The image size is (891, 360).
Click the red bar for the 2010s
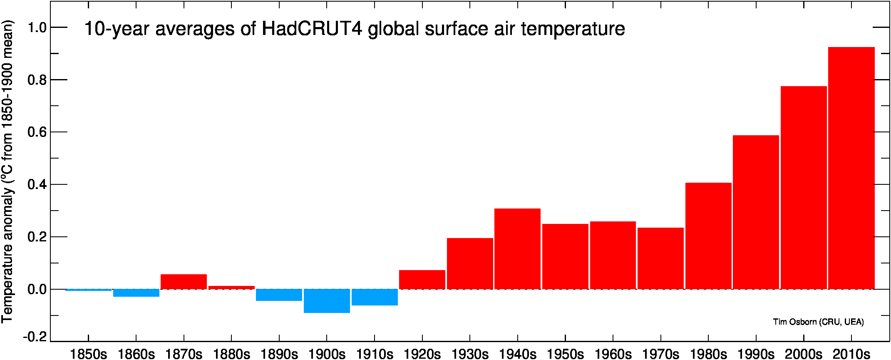tap(851, 168)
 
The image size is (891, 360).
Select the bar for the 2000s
tap(804, 188)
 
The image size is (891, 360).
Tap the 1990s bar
tap(756, 212)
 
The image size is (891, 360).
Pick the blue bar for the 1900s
tap(327, 301)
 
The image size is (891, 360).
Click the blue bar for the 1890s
tap(279, 295)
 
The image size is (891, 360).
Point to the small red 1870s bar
tap(184, 282)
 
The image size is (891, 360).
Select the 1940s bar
tap(517, 249)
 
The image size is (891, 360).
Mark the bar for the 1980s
tap(708, 236)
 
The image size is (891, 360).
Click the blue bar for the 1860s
tap(136, 293)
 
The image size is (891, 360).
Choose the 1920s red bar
tap(422, 280)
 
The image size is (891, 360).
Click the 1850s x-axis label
tap(88, 354)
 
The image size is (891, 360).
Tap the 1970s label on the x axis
tap(660, 354)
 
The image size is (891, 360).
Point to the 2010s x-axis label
tap(851, 354)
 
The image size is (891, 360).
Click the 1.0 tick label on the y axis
tap(37, 27)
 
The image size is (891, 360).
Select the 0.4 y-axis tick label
tap(37, 184)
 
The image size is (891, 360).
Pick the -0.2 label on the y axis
tap(35, 337)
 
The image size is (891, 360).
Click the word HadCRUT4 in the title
tap(312, 29)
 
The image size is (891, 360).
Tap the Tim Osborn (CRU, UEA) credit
tap(819, 322)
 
